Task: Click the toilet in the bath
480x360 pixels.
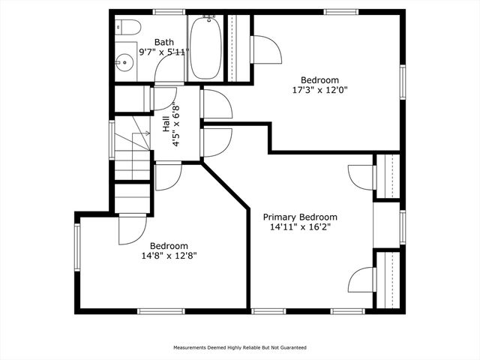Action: pyautogui.click(x=128, y=28)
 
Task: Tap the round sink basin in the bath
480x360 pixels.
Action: pyautogui.click(x=124, y=62)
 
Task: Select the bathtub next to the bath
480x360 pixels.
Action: pyautogui.click(x=205, y=47)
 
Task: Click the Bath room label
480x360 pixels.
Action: pyautogui.click(x=164, y=42)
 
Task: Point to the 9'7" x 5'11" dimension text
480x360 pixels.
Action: pyautogui.click(x=164, y=52)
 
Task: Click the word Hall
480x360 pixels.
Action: pyautogui.click(x=166, y=124)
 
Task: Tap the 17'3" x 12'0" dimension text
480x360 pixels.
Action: pyautogui.click(x=320, y=90)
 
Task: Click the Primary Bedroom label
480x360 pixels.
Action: pyautogui.click(x=300, y=217)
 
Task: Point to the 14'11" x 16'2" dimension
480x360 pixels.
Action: pyautogui.click(x=300, y=227)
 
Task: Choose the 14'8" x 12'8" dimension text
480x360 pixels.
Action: pyautogui.click(x=169, y=256)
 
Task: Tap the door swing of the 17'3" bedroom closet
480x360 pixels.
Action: pyautogui.click(x=265, y=50)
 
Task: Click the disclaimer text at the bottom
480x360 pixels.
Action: pyautogui.click(x=240, y=348)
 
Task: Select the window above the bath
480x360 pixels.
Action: pyautogui.click(x=169, y=12)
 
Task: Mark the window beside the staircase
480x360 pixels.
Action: pyautogui.click(x=112, y=140)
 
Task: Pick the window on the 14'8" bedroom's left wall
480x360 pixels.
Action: pyautogui.click(x=77, y=247)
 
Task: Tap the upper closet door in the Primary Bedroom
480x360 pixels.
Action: pyautogui.click(x=361, y=177)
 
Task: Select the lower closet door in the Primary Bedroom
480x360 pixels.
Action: pyautogui.click(x=361, y=280)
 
